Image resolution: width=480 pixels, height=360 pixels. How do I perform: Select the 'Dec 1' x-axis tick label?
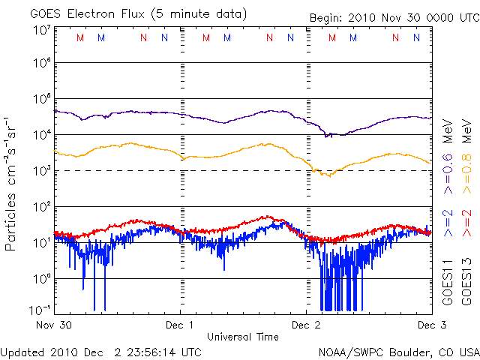coord(180,325)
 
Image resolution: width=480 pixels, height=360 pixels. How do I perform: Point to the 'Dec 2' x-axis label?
coord(306,325)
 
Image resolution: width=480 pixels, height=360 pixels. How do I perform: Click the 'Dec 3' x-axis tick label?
coord(430,325)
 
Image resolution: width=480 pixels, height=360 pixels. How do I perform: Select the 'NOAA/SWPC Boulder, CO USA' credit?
coord(398,352)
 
